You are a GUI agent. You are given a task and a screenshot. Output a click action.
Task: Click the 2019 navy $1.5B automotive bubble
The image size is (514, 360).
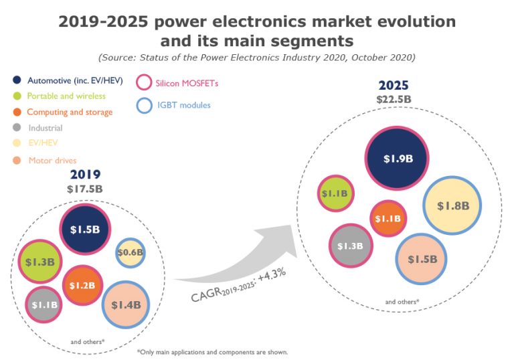point(85,230)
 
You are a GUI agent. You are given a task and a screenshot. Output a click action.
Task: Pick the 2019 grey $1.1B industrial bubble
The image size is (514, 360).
point(44,304)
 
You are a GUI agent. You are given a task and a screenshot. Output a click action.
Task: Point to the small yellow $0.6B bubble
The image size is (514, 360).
point(130,252)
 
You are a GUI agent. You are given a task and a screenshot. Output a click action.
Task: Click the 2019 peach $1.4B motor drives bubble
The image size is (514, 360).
point(126,304)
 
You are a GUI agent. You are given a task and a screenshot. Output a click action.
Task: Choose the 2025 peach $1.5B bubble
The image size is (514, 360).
point(422,259)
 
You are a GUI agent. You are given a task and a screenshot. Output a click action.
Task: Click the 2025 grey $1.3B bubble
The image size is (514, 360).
point(350,246)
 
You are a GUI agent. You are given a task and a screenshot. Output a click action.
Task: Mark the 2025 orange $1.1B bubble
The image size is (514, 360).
point(388,219)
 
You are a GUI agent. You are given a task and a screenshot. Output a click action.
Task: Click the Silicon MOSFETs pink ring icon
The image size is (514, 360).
point(144,83)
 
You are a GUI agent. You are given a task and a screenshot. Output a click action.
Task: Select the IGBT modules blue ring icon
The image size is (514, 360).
point(144,105)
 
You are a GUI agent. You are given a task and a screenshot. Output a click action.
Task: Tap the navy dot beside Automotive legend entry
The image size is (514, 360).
point(16,82)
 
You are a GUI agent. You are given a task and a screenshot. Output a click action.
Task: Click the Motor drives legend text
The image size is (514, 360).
point(53,161)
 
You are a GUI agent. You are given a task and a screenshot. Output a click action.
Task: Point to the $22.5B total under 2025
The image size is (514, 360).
point(394,100)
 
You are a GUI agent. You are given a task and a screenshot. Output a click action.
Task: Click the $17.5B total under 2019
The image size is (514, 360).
point(85,189)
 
